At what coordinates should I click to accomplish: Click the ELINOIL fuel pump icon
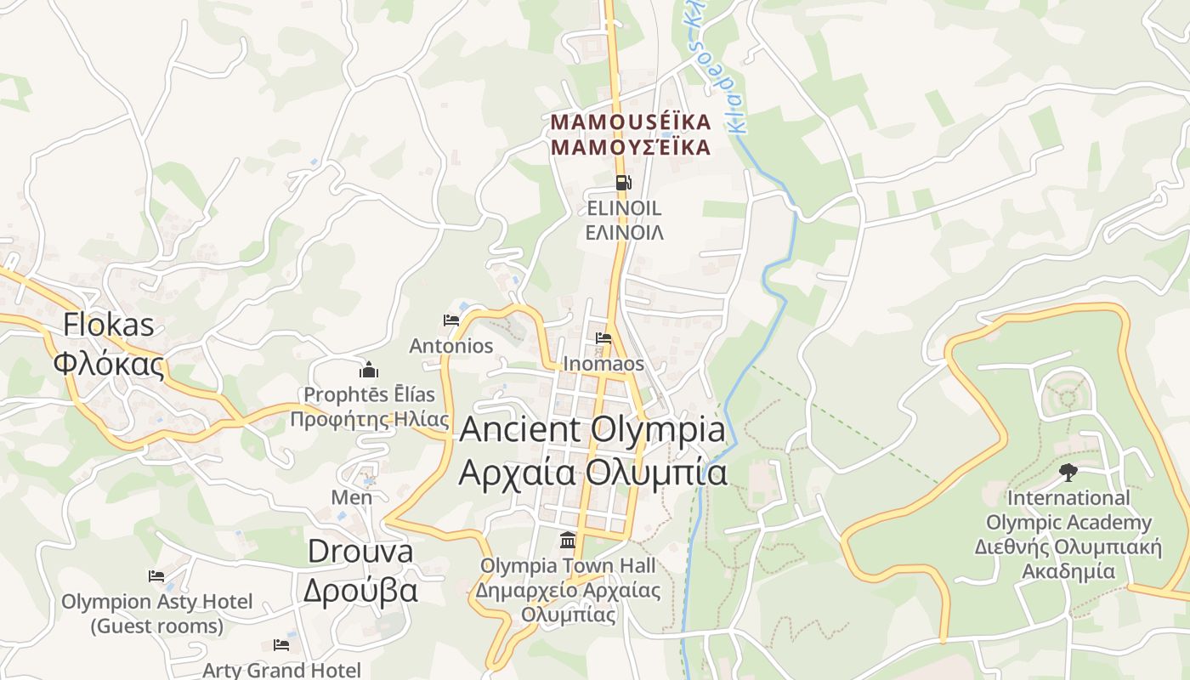623,182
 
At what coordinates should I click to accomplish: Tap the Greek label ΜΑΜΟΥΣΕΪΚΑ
630,148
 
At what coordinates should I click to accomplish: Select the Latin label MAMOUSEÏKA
630,122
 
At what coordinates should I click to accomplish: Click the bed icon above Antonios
451,320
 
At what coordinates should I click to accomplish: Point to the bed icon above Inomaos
603,337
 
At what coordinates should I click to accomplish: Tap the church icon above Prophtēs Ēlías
369,370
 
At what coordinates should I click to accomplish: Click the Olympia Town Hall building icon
567,540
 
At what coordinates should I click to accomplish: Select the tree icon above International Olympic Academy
1068,472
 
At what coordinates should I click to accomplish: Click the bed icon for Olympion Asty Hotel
156,576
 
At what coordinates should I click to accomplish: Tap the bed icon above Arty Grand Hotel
281,645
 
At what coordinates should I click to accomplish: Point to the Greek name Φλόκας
109,363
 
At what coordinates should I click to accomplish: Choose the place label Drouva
360,551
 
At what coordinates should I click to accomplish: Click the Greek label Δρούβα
360,589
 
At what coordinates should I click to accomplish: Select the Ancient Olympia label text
592,429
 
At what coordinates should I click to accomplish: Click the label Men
352,497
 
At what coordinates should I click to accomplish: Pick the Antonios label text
451,346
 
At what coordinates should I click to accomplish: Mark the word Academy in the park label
1108,523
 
